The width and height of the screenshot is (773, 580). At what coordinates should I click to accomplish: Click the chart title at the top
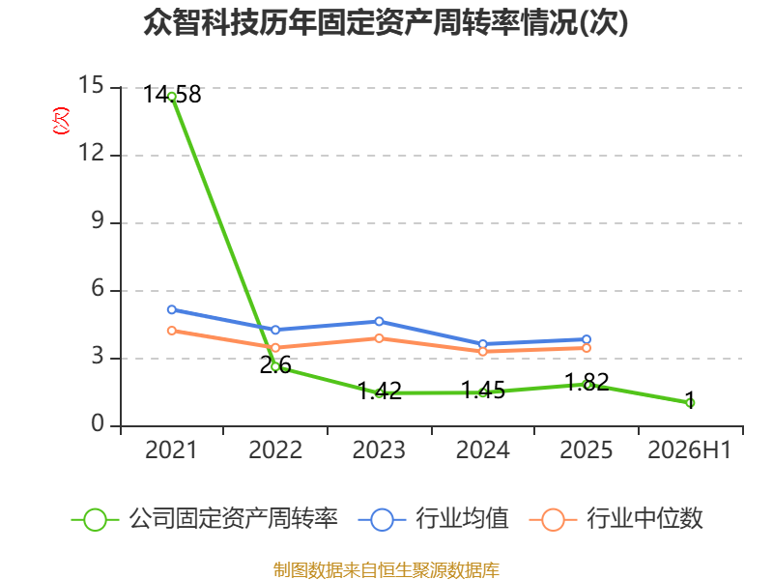(x=386, y=22)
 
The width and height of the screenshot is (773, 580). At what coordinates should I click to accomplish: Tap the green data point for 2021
(x=172, y=97)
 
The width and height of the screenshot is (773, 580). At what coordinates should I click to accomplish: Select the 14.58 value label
(x=172, y=94)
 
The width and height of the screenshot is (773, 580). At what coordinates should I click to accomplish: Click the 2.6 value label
(x=275, y=365)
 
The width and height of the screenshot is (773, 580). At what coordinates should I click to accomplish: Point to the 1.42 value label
(x=380, y=391)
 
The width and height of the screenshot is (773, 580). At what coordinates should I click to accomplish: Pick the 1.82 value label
(x=587, y=383)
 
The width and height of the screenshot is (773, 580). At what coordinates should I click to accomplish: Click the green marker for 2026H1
(x=690, y=403)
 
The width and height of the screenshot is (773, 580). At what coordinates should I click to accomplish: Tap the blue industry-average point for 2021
(x=172, y=309)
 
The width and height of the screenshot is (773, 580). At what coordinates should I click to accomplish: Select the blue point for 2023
(x=379, y=322)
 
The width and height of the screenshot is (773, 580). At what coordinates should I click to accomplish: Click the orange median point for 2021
(x=172, y=331)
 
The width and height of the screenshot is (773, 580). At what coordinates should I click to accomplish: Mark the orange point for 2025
(x=587, y=348)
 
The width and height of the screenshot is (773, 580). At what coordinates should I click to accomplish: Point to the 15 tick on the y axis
(x=91, y=85)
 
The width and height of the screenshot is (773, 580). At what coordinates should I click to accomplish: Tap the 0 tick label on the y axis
(x=99, y=423)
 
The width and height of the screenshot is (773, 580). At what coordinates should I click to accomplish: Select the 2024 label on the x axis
(x=482, y=450)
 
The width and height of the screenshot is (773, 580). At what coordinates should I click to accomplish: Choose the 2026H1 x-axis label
(x=690, y=450)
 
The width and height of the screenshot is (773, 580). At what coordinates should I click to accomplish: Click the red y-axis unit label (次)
(x=61, y=121)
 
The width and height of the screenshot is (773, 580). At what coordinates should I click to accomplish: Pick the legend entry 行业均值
(x=434, y=519)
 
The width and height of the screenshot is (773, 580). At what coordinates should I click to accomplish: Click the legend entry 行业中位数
(x=616, y=519)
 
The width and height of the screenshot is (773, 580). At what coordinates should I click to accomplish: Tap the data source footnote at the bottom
(x=386, y=570)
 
